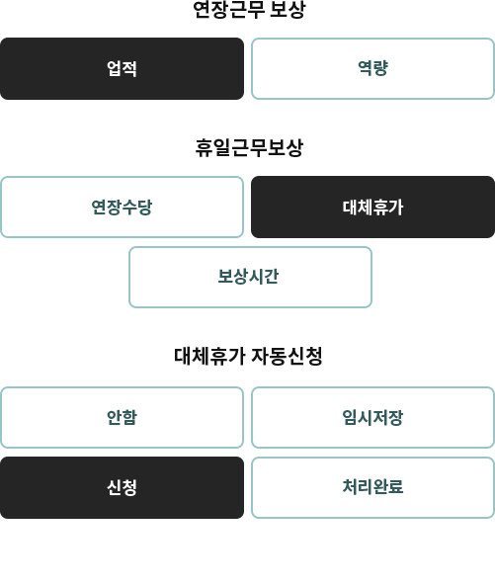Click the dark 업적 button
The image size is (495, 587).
[122, 68]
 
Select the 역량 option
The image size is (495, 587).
[373, 68]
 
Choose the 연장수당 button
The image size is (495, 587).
[122, 207]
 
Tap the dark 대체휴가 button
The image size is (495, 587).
[373, 207]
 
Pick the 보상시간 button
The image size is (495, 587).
[250, 277]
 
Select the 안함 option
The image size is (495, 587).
[122, 417]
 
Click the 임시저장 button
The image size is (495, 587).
[373, 417]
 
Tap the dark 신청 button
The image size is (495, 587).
[122, 487]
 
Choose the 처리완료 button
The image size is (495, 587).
[373, 487]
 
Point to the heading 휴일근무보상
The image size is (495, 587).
[249, 148]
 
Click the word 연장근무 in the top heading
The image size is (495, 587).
[228, 10]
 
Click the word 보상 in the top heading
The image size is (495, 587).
[288, 10]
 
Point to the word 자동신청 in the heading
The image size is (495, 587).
[287, 356]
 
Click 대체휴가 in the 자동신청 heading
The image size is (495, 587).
[209, 356]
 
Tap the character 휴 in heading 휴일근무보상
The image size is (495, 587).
[204, 148]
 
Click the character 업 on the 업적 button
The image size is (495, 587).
[114, 68]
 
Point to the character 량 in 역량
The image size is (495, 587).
[380, 68]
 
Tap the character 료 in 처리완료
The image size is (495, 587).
[396, 487]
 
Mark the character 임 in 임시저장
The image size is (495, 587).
[350, 417]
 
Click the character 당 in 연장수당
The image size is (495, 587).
[145, 207]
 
